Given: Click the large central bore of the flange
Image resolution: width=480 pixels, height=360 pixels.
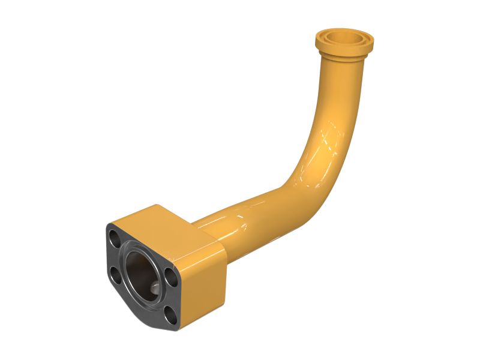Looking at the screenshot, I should coord(142,274).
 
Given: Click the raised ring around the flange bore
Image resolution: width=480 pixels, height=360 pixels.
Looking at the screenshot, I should coord(128,264).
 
